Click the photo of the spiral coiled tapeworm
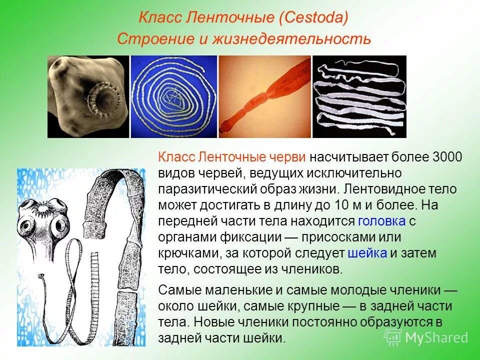(x=174, y=96)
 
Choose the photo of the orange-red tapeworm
(x=264, y=96)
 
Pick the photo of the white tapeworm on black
(x=359, y=96)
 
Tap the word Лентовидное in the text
(x=377, y=189)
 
